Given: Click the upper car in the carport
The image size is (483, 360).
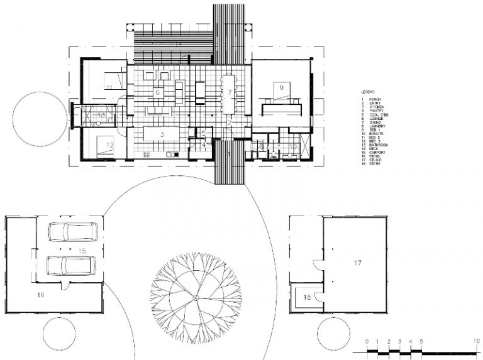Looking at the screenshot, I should (74, 232).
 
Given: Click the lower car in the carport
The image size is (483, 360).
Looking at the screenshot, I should (72, 266).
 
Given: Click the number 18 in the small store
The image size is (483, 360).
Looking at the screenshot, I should (306, 297).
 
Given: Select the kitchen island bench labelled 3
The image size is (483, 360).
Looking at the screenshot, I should (162, 134).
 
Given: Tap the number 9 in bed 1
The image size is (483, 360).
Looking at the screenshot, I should (282, 87).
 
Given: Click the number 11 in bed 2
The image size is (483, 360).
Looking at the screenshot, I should (109, 87).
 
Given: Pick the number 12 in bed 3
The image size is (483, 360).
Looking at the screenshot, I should (109, 145).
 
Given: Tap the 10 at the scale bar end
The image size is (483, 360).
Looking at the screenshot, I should (478, 341).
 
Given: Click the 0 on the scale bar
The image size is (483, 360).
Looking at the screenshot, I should (367, 341).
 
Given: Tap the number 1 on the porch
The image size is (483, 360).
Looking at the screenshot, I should (229, 154).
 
